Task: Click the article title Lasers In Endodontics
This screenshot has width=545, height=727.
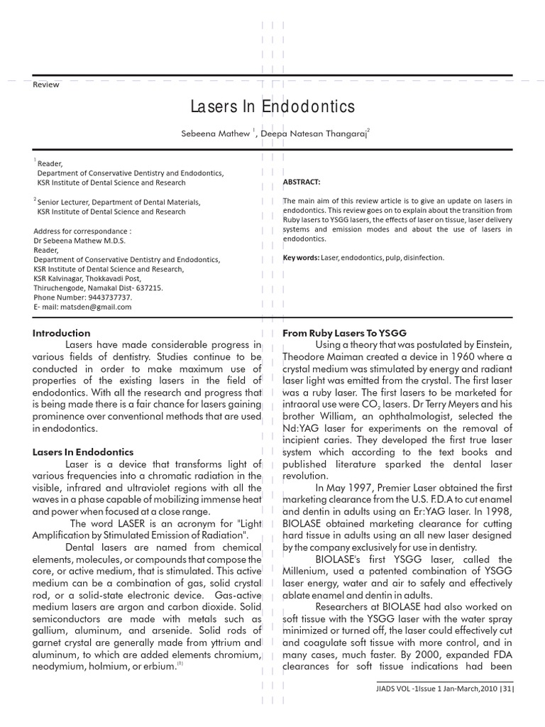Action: (x=272, y=106)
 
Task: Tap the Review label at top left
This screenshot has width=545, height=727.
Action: (x=46, y=84)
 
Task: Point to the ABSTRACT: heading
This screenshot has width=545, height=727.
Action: (x=301, y=182)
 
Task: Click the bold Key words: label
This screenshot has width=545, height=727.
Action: (x=301, y=258)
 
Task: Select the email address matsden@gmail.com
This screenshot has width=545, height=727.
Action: (x=99, y=307)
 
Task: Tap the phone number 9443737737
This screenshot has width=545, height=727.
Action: (x=107, y=297)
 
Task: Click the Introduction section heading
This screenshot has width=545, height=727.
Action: (x=62, y=333)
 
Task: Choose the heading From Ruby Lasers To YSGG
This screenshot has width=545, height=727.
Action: (x=344, y=333)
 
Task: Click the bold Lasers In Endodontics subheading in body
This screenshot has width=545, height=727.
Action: (x=83, y=452)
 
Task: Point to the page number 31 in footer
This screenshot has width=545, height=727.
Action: (x=505, y=688)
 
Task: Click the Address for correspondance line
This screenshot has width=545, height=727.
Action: (x=82, y=231)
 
